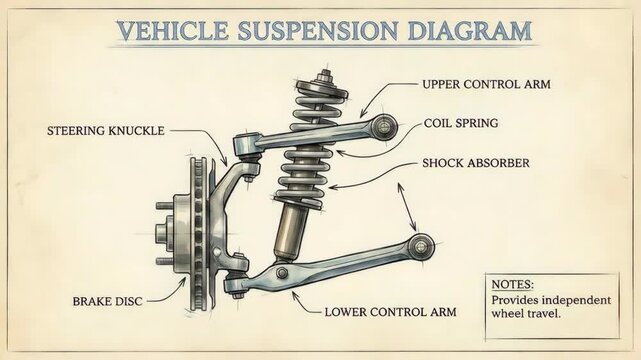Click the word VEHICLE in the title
tap(165, 29)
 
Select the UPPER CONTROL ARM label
tap(487, 84)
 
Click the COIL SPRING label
tap(461, 124)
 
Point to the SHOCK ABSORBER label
tap(475, 162)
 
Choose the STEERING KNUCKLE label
tap(105, 130)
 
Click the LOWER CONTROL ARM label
tap(390, 311)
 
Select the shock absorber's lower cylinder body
tap(293, 228)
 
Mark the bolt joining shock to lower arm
tap(283, 272)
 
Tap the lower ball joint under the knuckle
tap(235, 287)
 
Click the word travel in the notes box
tap(537, 312)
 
